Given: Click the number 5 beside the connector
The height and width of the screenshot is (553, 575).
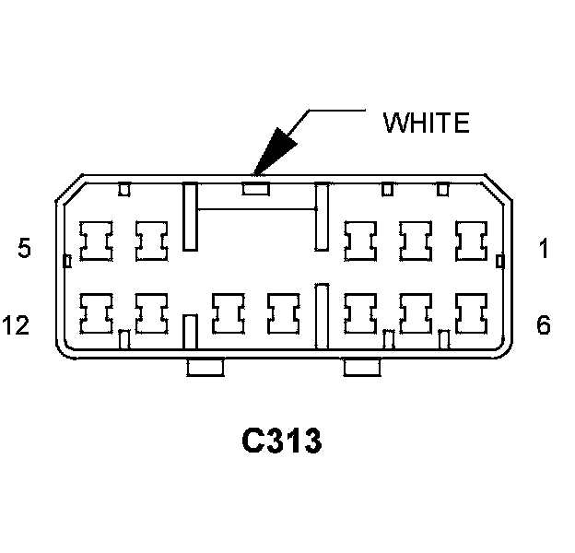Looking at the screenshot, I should pyautogui.click(x=25, y=248).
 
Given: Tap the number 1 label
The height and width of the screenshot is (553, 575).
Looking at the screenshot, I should pyautogui.click(x=544, y=248).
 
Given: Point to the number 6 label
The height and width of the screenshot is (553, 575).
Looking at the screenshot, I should pyautogui.click(x=544, y=325).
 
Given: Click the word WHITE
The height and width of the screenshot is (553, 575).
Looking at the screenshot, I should pyautogui.click(x=427, y=122).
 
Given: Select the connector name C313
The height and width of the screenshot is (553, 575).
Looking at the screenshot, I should pyautogui.click(x=282, y=441).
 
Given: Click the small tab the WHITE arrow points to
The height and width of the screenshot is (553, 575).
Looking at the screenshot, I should pyautogui.click(x=255, y=189).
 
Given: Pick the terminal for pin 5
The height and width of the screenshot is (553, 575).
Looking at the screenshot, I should pyautogui.click(x=95, y=241).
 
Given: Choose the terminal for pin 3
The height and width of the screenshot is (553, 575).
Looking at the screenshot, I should pyautogui.click(x=359, y=241).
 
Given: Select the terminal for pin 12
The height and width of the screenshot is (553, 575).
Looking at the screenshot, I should pyautogui.click(x=95, y=313).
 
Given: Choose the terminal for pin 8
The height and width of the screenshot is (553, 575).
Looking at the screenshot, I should pyautogui.click(x=359, y=313).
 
